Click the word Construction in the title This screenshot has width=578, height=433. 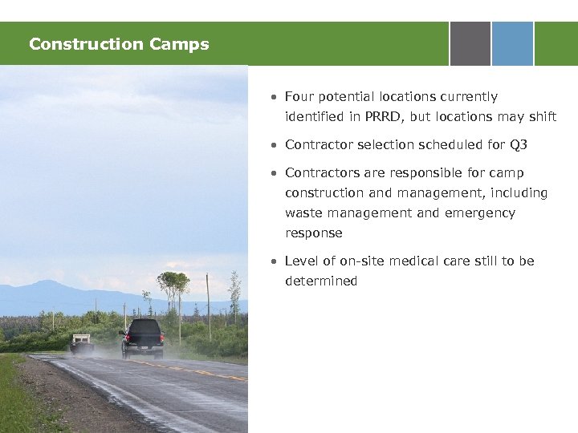(74, 44)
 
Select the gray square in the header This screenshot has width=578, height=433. (470, 43)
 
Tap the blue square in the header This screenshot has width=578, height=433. (512, 43)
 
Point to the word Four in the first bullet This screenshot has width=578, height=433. (300, 97)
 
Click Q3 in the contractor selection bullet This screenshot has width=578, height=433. (518, 145)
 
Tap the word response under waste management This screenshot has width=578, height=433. (313, 233)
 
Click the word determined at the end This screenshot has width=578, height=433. (321, 281)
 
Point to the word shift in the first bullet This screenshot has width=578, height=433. (542, 117)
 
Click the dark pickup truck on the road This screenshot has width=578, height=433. (142, 338)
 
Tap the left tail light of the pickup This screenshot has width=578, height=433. (128, 338)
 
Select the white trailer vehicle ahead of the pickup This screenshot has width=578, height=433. (81, 342)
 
